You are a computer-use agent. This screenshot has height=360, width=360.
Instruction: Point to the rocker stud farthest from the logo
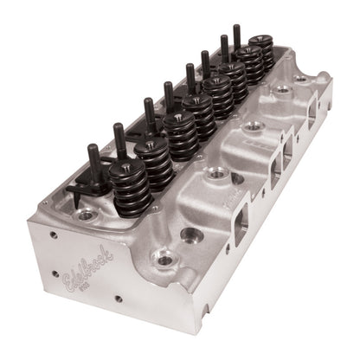click(236, 35)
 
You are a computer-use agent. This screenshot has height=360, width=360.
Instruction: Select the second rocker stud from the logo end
click(119, 138)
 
